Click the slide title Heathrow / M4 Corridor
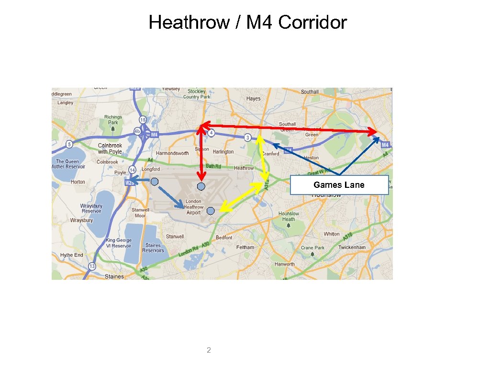(x=247, y=23)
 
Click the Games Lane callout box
(x=339, y=185)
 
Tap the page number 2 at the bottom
(x=208, y=350)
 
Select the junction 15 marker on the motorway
(x=143, y=119)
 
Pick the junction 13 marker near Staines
(x=92, y=266)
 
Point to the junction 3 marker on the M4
(x=247, y=138)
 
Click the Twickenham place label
(x=352, y=247)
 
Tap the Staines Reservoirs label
(x=153, y=248)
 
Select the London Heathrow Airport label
(x=193, y=207)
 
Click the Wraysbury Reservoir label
(x=91, y=208)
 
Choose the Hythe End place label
(x=71, y=255)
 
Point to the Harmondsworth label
(x=172, y=153)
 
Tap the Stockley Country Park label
(x=196, y=94)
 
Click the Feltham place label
(x=245, y=247)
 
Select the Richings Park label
(x=113, y=119)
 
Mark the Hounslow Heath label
(x=288, y=216)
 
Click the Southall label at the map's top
(x=310, y=92)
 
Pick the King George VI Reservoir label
(x=118, y=243)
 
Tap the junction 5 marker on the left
(x=69, y=144)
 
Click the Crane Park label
(x=312, y=248)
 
